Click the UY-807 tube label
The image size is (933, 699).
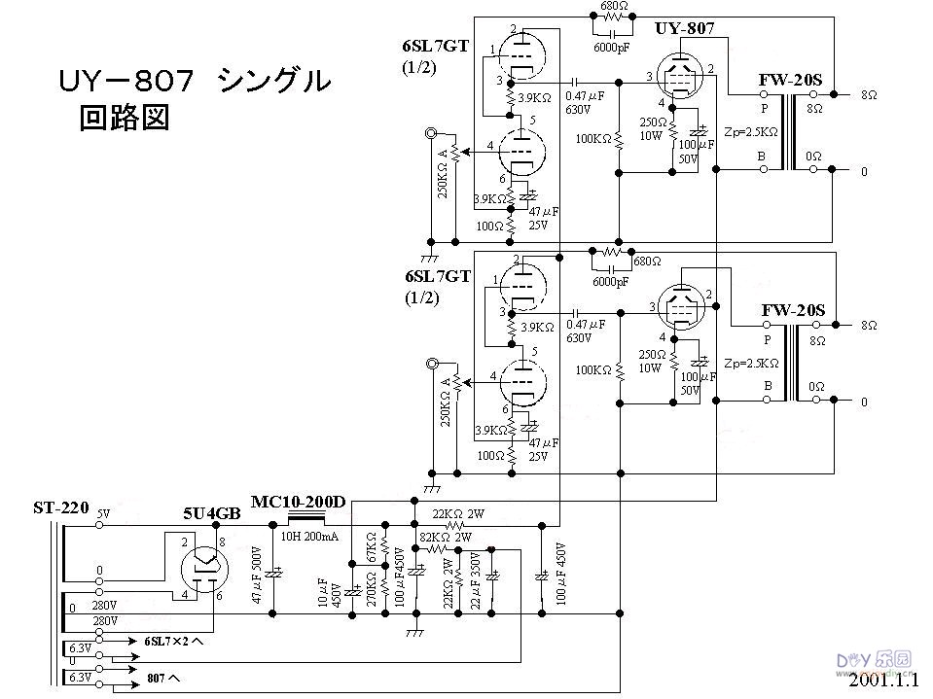pos(685,29)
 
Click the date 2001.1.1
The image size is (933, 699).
pos(881,682)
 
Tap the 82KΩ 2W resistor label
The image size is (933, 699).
pos(446,537)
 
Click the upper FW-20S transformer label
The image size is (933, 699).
pos(792,79)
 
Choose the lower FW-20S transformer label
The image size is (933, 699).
pos(792,311)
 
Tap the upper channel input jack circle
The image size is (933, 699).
pos(430,133)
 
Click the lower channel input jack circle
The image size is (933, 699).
pos(430,365)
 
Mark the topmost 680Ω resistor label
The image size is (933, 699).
pos(612,5)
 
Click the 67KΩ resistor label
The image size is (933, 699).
pos(371,551)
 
